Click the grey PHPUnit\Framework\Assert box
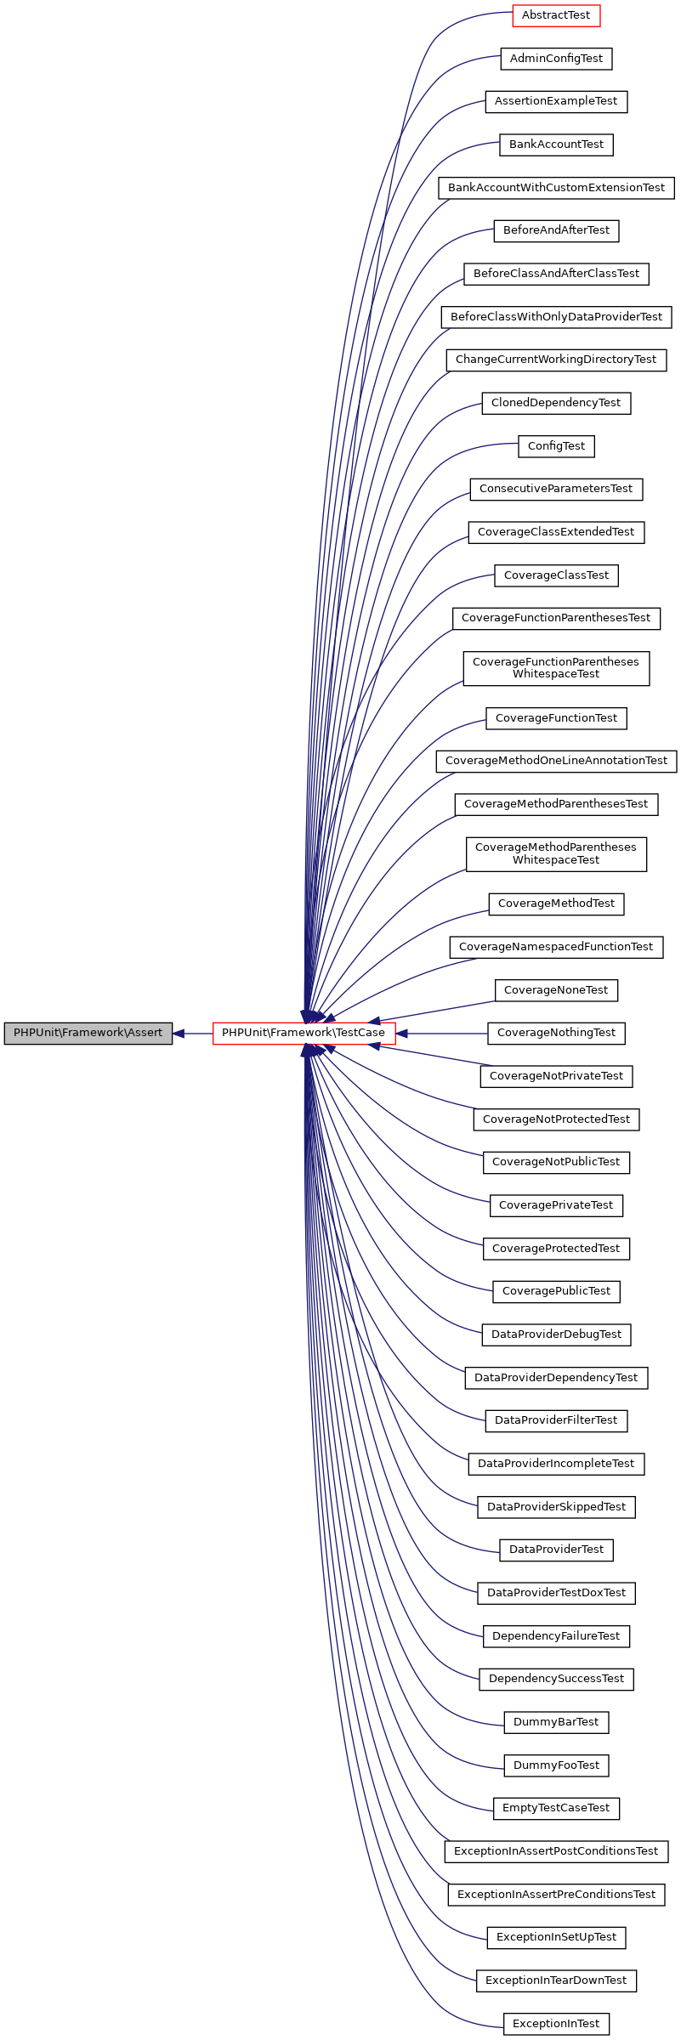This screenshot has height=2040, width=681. (88, 1033)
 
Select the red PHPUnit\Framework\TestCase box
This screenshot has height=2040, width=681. (304, 1033)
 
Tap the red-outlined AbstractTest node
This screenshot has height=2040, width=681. (556, 15)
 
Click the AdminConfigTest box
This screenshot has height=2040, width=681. (556, 59)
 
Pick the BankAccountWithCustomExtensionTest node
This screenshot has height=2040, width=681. (556, 188)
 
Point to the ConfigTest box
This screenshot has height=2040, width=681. (556, 446)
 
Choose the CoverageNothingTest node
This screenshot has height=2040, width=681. (556, 1033)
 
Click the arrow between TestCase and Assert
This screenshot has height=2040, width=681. (193, 1034)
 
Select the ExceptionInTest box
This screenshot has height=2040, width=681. (556, 2024)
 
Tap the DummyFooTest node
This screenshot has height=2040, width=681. (556, 1765)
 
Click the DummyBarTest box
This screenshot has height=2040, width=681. (556, 1722)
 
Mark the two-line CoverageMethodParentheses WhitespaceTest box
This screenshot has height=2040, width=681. (556, 853)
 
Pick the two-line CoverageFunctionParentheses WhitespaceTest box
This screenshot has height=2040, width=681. (556, 668)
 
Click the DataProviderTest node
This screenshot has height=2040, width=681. (556, 1550)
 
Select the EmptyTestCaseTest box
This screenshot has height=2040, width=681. (556, 1808)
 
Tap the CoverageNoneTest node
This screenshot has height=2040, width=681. (556, 990)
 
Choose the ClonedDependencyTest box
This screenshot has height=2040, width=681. (556, 403)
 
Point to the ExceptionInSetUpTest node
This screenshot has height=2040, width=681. (556, 1937)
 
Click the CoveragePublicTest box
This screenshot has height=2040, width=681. (556, 1291)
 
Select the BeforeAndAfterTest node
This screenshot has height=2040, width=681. (556, 230)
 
